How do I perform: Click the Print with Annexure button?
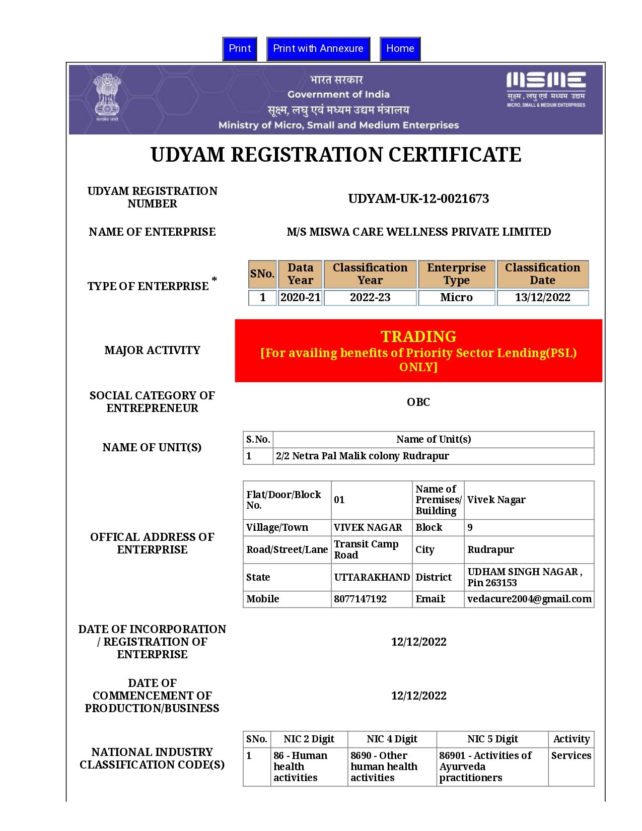point(318,49)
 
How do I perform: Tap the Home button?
point(400,49)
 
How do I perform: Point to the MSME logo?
point(546,90)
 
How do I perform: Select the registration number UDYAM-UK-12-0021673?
point(418,198)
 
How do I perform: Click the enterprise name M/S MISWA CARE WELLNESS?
point(418,232)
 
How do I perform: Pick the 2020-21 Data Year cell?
point(300,298)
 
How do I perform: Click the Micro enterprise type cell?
point(456,298)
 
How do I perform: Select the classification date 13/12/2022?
point(542,298)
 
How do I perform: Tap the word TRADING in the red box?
point(418,336)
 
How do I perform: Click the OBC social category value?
point(418,402)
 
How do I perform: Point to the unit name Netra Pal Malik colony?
point(362,456)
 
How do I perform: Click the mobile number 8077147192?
point(360,599)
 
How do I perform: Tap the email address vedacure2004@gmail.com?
point(529,599)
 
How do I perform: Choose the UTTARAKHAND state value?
point(372,577)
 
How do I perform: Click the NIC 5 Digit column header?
point(492,739)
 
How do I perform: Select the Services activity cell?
point(571,755)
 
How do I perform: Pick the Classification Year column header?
point(370,274)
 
